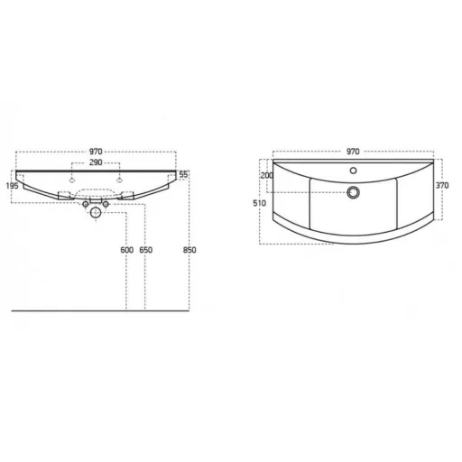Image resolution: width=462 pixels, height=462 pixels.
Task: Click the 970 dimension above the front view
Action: tap(96, 152)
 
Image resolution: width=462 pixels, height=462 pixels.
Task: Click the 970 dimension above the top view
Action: tap(353, 152)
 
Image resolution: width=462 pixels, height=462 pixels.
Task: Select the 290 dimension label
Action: tap(96, 162)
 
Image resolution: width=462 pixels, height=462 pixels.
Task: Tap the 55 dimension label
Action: tap(183, 174)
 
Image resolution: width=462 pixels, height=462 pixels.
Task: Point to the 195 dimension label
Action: tap(13, 186)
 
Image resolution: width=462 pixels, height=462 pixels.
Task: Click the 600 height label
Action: tap(127, 250)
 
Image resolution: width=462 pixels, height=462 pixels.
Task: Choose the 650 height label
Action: tap(146, 250)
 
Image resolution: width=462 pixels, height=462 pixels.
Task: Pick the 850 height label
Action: tap(189, 250)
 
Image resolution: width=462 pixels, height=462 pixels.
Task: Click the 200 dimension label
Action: tap(267, 175)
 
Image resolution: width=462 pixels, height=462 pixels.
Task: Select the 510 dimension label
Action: tap(259, 203)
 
